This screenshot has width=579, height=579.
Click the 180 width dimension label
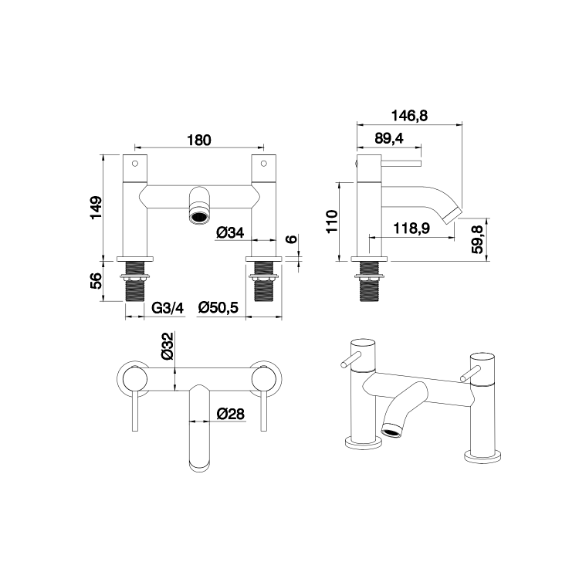click(199, 140)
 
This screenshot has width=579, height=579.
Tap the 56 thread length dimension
click(94, 282)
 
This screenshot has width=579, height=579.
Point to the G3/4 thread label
click(167, 307)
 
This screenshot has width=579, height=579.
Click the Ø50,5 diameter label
click(218, 307)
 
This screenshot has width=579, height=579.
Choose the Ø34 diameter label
click(230, 232)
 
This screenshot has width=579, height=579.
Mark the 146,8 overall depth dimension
click(409, 115)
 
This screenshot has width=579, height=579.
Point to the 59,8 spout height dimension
click(479, 237)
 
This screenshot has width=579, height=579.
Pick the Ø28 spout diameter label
click(230, 414)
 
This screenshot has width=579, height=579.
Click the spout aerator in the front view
click(199, 215)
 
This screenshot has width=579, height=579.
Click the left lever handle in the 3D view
click(350, 361)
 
